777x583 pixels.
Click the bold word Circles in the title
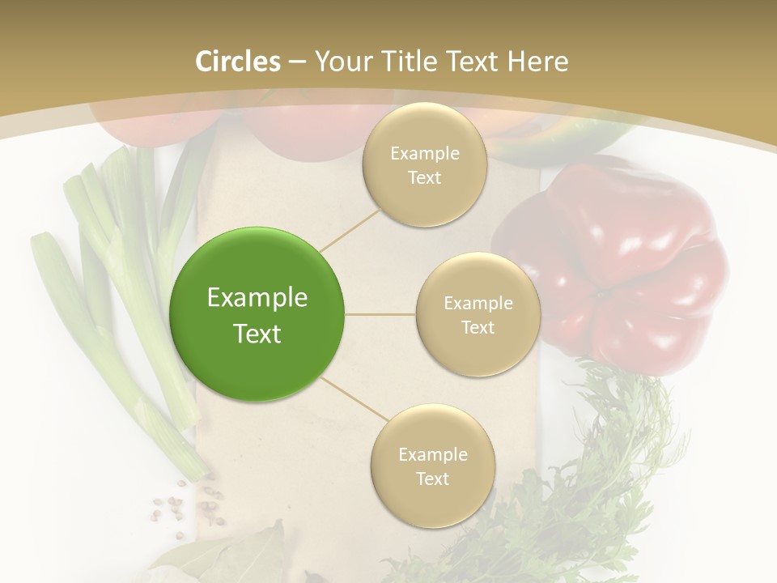coord(238,62)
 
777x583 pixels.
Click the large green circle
coord(257,314)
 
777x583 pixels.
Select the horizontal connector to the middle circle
coord(380,314)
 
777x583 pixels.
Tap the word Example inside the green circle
coord(257,298)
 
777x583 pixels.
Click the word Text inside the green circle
coord(257,334)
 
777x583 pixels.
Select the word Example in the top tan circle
coord(425,154)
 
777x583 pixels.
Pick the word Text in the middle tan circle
coord(478,328)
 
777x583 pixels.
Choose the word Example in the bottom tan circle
coord(433,455)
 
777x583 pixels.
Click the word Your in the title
coord(341,62)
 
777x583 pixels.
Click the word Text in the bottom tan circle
coord(432,479)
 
